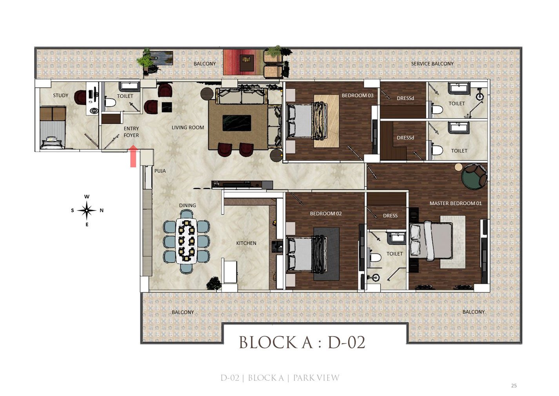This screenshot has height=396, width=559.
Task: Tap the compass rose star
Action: tap(87, 210)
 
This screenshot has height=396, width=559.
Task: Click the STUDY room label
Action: tap(61, 95)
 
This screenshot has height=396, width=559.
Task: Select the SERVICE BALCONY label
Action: tap(432, 63)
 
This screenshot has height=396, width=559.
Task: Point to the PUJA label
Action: tap(160, 171)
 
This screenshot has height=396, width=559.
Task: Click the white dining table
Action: tap(187, 241)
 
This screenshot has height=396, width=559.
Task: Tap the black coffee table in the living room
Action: tap(237, 123)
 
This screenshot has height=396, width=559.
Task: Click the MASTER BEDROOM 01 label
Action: tap(456, 203)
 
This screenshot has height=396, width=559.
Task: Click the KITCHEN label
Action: tap(246, 243)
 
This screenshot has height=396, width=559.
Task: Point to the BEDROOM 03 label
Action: tap(358, 95)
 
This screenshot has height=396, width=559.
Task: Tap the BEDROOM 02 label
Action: tap(326, 213)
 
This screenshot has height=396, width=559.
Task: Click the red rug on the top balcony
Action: tap(243, 62)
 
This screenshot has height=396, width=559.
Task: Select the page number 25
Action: tap(514, 385)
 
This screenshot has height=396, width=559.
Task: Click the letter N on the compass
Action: tap(102, 210)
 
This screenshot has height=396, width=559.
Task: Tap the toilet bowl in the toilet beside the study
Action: tap(110, 102)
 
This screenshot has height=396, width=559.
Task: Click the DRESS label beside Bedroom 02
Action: tap(390, 216)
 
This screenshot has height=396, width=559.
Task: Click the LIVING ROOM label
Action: tap(188, 127)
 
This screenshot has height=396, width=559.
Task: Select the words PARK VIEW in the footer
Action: tap(316, 378)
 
